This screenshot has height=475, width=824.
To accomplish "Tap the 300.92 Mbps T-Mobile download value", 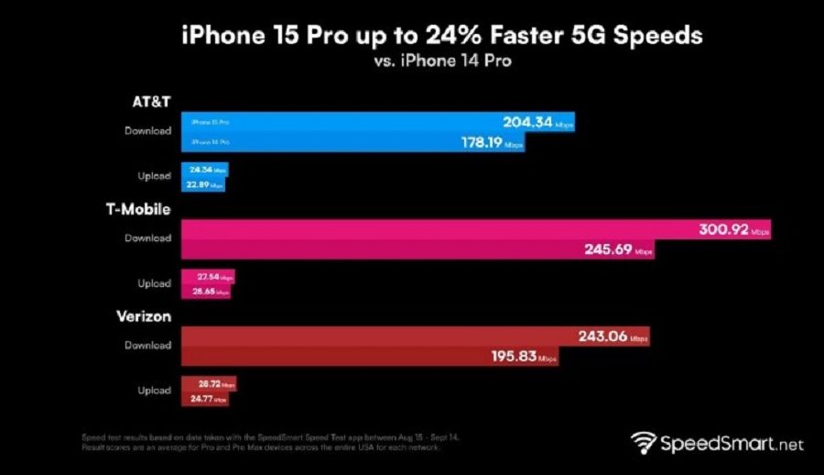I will [x=719, y=230].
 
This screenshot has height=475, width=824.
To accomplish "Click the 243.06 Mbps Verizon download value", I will [x=602, y=337].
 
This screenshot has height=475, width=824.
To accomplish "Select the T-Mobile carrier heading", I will [x=137, y=209].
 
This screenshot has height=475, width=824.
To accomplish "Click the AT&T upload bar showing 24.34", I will [x=205, y=171].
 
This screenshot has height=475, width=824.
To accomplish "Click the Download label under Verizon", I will [x=147, y=346].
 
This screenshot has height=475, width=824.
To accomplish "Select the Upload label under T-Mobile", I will [x=154, y=283].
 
